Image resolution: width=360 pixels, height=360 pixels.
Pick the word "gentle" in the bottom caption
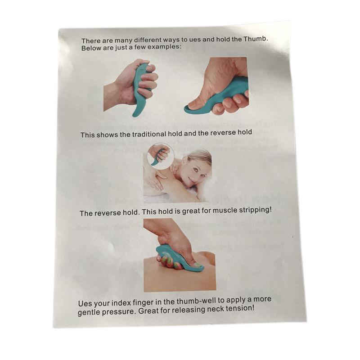pyautogui.click(x=89, y=313)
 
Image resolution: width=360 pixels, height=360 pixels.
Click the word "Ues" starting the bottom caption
pyautogui.click(x=84, y=303)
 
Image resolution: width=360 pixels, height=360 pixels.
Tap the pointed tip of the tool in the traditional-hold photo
pyautogui.click(x=134, y=115)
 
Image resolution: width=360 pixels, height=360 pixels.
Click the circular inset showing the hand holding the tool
pyautogui.click(x=160, y=156)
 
